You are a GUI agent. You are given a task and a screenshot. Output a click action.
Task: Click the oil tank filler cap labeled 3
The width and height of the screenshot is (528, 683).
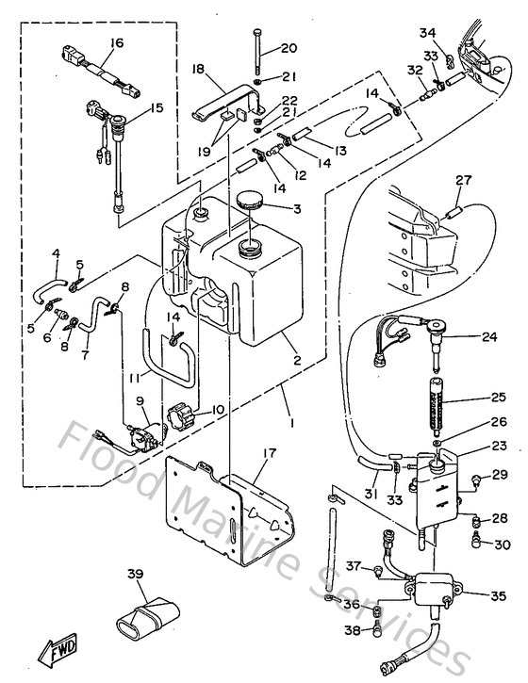coord(251,200)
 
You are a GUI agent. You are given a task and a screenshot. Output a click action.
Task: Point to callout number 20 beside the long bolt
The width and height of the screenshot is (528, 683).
coord(289,48)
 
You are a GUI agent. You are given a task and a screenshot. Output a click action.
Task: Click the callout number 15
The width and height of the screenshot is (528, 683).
coord(156,108)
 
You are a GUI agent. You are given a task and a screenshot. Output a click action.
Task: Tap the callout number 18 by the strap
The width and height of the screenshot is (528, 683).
coord(198,69)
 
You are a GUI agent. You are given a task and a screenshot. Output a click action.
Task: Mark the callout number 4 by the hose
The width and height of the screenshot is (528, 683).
coord(56,252)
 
